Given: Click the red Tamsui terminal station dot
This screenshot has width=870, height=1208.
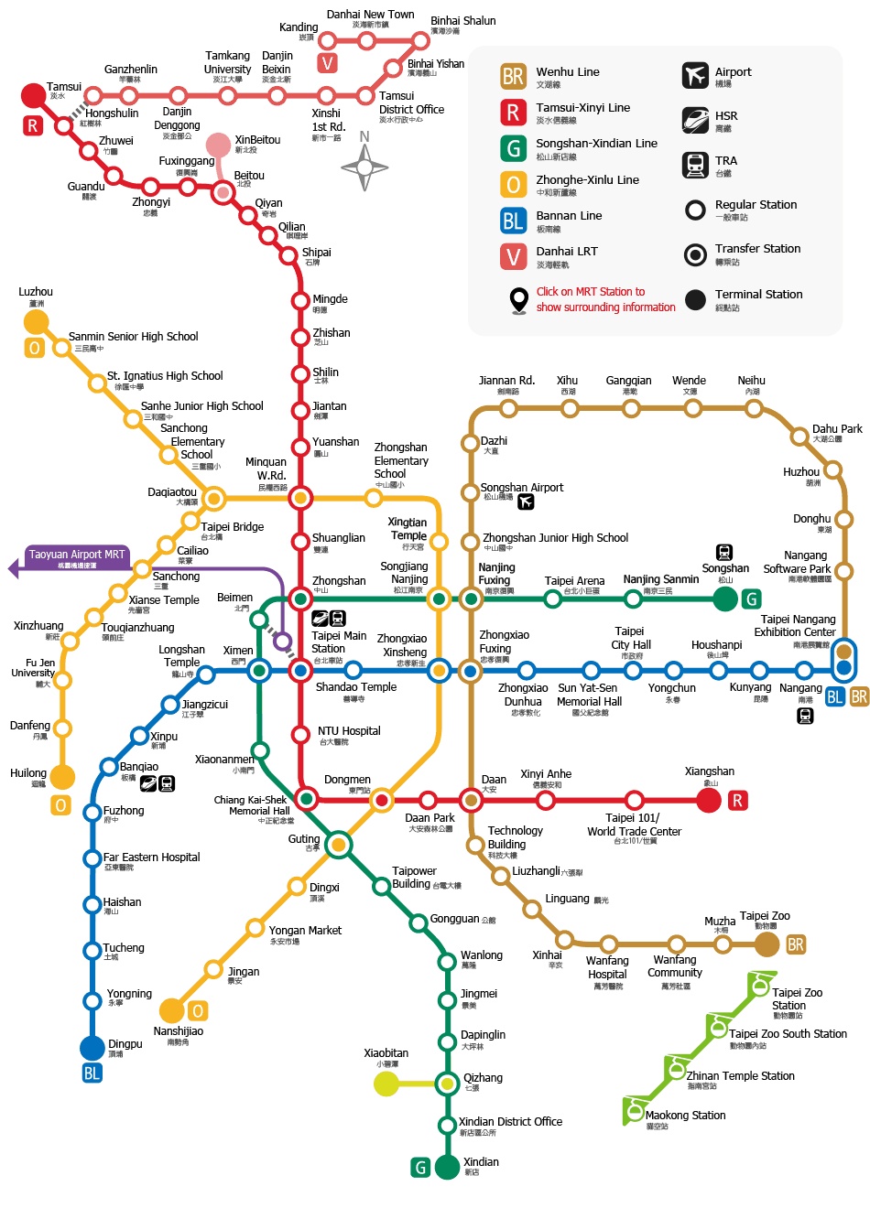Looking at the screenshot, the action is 33,95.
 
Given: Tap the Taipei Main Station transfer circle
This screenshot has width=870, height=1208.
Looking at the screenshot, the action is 300,671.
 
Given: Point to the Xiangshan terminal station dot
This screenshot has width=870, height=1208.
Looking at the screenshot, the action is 709,801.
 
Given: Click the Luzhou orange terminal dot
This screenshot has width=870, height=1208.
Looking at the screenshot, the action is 36,322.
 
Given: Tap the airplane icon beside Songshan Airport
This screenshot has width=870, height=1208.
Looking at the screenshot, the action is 526,502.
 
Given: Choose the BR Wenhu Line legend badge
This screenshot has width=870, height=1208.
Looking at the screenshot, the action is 513,76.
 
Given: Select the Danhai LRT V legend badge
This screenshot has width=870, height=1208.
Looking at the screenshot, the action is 513,256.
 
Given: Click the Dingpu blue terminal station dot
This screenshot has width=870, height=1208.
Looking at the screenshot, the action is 92,1048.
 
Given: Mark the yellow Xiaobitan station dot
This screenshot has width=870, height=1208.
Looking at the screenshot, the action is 386,1084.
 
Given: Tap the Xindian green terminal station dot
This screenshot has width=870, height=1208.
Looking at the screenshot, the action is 447,1167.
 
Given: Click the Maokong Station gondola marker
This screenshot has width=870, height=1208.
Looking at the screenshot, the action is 635,1110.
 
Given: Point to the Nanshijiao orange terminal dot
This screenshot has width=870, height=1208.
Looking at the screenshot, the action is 171,1010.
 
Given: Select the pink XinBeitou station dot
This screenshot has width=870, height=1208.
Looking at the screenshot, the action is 218,146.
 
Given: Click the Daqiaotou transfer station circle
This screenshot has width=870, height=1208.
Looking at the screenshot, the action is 213,499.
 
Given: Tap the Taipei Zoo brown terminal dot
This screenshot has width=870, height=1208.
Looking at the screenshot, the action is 767,944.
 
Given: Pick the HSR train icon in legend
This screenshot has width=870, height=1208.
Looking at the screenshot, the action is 695,120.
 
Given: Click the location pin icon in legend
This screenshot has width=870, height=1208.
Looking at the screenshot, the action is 519,300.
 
